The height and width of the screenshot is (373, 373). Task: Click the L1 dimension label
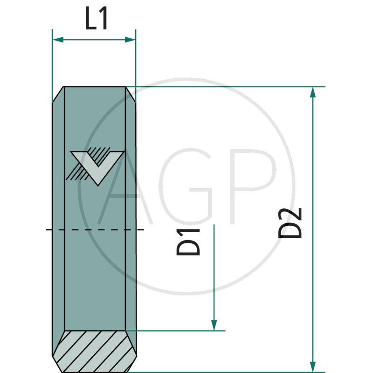point(97,20)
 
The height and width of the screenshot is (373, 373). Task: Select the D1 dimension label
point(188,242)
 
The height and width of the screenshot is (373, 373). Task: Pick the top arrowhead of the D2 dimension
point(313,92)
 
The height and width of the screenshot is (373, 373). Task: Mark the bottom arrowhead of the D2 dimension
point(313,366)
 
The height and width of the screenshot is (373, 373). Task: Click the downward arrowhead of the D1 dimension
point(214,325)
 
